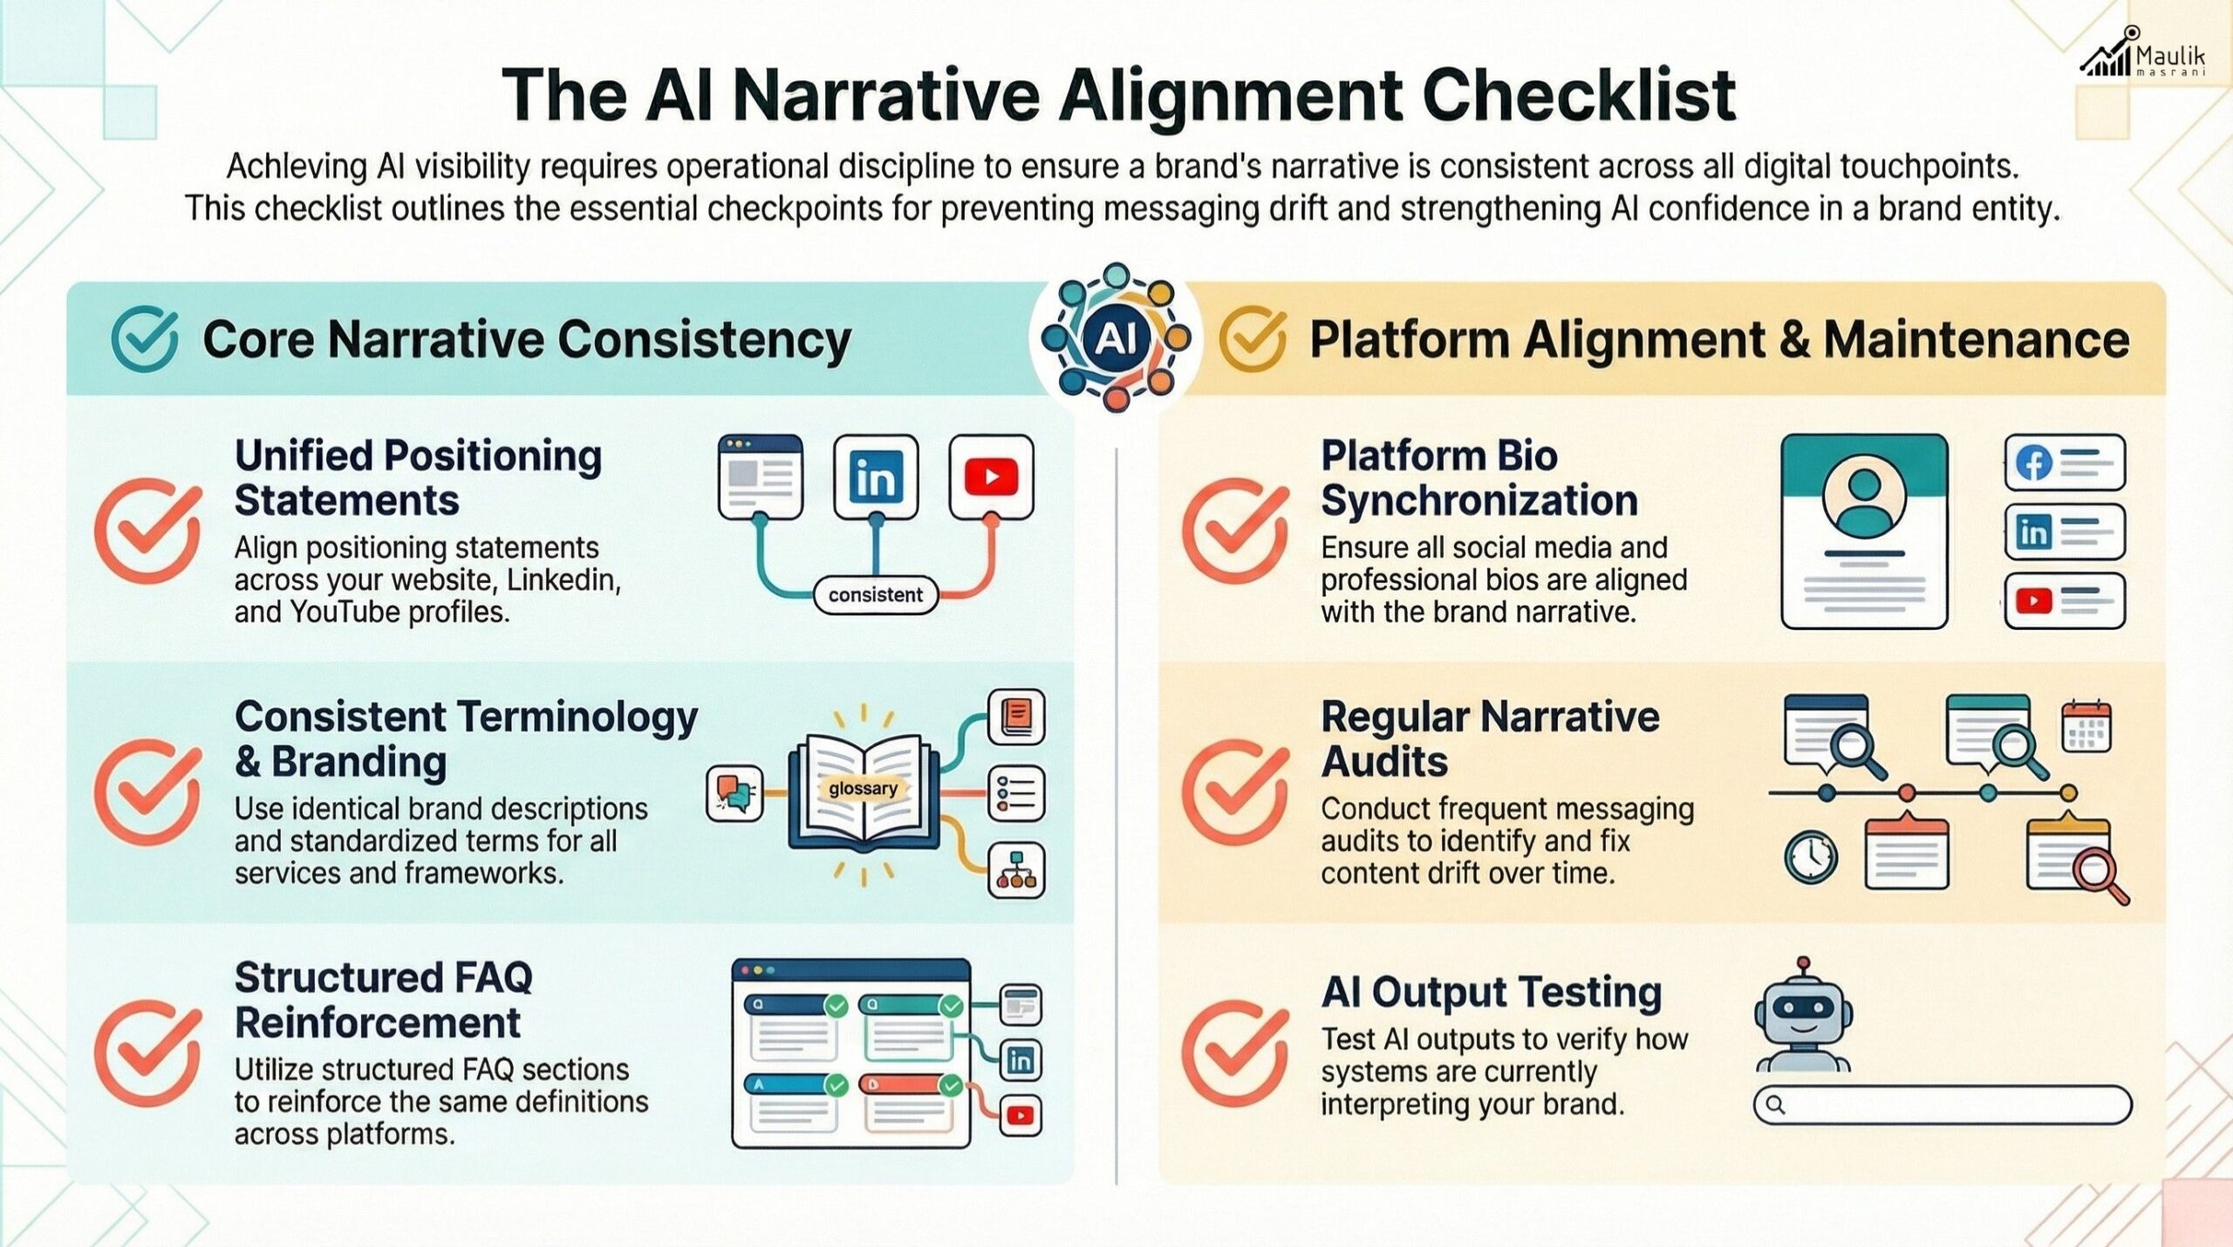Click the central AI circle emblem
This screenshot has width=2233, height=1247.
pos(1116,338)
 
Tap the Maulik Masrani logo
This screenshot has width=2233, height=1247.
pos(2144,55)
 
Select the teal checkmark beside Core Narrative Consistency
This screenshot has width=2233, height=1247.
pos(144,339)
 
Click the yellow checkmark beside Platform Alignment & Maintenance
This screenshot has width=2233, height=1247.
pos(1252,339)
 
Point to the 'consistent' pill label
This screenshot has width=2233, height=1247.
pos(875,595)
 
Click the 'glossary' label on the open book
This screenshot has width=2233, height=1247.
pos(863,789)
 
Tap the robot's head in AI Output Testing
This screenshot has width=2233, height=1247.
pos(1803,1011)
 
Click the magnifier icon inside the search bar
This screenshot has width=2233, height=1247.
pos(1775,1106)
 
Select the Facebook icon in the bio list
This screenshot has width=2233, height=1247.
pos(2033,462)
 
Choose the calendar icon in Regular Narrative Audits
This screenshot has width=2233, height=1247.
pos(2086,726)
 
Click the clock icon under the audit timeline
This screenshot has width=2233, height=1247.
pos(1811,856)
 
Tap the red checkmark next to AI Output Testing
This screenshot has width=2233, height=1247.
pos(1235,1053)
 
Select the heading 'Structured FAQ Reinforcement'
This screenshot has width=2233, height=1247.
pos(384,1000)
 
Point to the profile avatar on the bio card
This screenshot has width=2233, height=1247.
pos(1864,502)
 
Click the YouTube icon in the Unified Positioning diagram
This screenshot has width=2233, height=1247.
pos(991,477)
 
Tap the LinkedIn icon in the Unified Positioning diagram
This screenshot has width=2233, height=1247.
pos(876,477)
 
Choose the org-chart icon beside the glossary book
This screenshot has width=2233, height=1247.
pos(1016,870)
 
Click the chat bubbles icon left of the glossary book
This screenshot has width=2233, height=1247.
pos(734,792)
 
